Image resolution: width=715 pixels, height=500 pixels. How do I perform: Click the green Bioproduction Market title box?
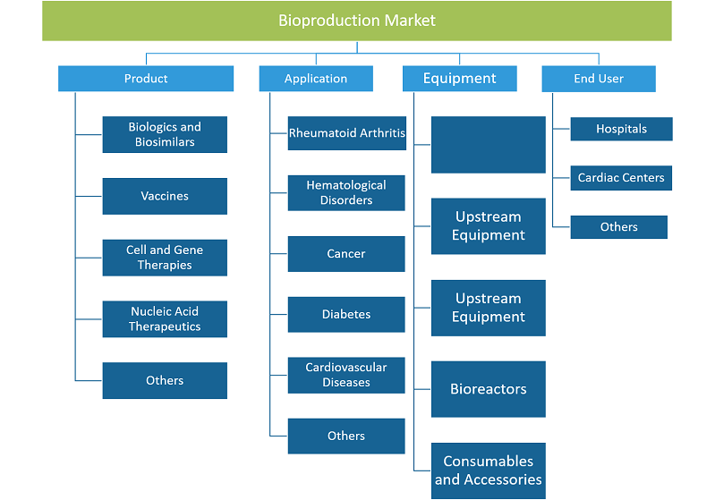point(356,21)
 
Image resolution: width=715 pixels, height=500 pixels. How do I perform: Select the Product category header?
point(146,79)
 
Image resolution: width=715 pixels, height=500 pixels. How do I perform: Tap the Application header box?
point(316,79)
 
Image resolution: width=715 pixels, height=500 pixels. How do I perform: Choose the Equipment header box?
point(460,79)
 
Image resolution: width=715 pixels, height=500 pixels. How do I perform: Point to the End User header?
point(599,79)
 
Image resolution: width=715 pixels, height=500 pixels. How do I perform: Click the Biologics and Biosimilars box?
point(165,134)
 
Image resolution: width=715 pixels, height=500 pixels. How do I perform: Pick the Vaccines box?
point(165,196)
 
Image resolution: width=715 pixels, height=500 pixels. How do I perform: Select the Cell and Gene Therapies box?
point(165,258)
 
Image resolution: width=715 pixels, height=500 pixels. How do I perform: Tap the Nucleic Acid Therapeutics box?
point(165,319)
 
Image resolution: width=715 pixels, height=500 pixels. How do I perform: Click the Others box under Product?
point(165,380)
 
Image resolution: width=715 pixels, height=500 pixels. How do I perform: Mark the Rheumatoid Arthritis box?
point(347,133)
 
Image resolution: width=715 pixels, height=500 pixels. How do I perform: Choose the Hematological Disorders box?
point(346,193)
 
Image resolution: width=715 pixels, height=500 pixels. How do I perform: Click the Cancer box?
point(346,254)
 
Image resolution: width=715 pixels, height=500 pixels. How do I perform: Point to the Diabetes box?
point(346,315)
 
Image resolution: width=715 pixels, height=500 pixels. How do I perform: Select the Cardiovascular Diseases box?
point(346,375)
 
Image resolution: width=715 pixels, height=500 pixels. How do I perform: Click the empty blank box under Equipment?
point(489,145)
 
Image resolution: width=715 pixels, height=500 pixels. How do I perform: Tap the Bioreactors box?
point(489,389)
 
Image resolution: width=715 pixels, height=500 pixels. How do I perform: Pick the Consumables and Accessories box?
point(489,470)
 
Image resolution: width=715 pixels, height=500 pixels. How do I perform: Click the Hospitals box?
point(622,129)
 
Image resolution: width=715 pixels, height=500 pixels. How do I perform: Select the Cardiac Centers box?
point(621,178)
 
